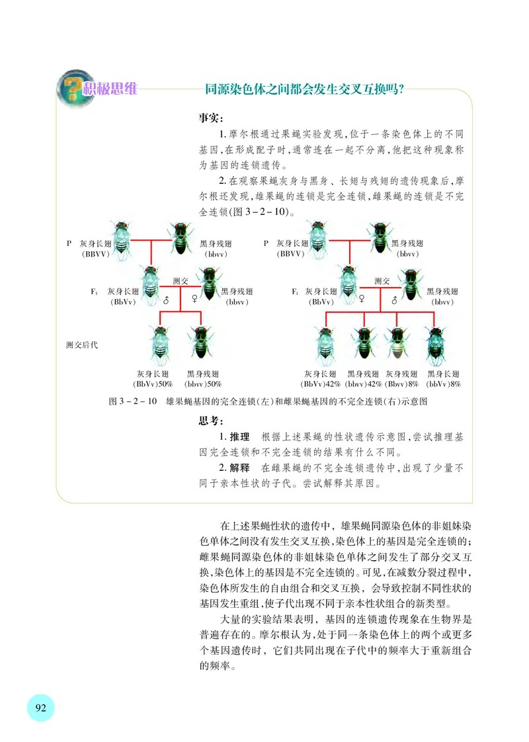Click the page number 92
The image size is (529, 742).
[x=40, y=708]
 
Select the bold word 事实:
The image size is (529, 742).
[x=212, y=119]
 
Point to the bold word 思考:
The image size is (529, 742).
[x=212, y=421]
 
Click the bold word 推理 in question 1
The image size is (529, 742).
[x=239, y=437]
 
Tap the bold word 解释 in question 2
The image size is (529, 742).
[x=239, y=467]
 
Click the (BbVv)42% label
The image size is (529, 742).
[x=321, y=384]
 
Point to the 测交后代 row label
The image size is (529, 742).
[x=82, y=345]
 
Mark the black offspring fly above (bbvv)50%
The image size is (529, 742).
[x=200, y=343]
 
